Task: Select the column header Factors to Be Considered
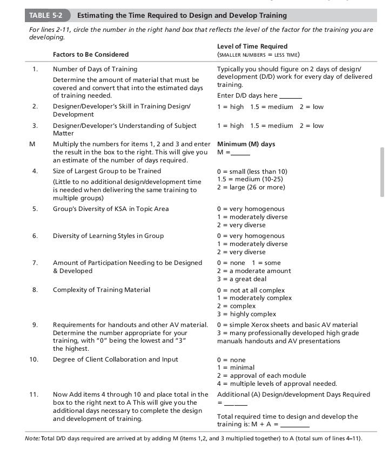pyautogui.click(x=90, y=55)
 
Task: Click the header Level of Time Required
pyautogui.click(x=252, y=46)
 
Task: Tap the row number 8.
pyautogui.click(x=35, y=290)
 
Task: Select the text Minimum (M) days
pyautogui.click(x=246, y=144)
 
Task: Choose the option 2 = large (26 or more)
pyautogui.click(x=251, y=187)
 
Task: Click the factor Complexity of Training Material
pyautogui.click(x=101, y=290)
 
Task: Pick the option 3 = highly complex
pyautogui.click(x=246, y=314)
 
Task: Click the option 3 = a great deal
pyautogui.click(x=242, y=279)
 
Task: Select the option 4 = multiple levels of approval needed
pyautogui.click(x=277, y=384)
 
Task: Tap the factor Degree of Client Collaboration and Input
pyautogui.click(x=115, y=359)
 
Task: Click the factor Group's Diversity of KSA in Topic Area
pyautogui.click(x=110, y=209)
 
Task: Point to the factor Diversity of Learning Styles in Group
pyautogui.click(x=108, y=236)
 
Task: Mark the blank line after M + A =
pyautogui.click(x=295, y=425)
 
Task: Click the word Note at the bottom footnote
pyautogui.click(x=32, y=438)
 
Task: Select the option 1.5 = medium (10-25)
pyautogui.click(x=250, y=179)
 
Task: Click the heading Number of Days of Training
pyautogui.click(x=95, y=69)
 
